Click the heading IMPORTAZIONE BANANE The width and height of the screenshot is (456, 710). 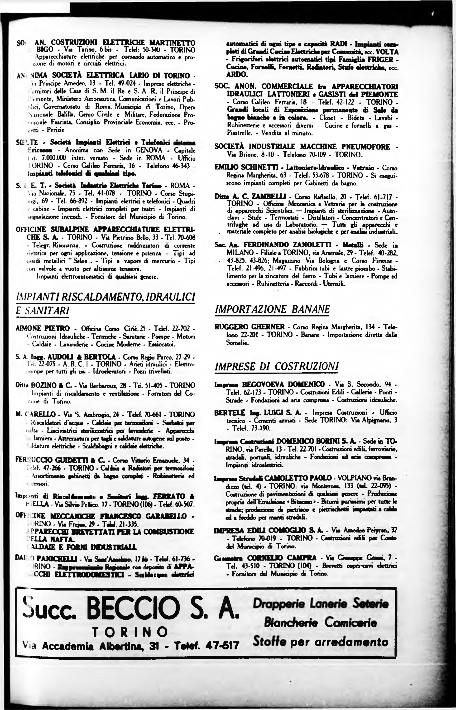click(272, 309)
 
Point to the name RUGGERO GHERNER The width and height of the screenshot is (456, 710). click(250, 327)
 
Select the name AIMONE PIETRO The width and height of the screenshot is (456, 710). click(43, 328)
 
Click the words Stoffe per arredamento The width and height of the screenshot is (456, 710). click(320, 642)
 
